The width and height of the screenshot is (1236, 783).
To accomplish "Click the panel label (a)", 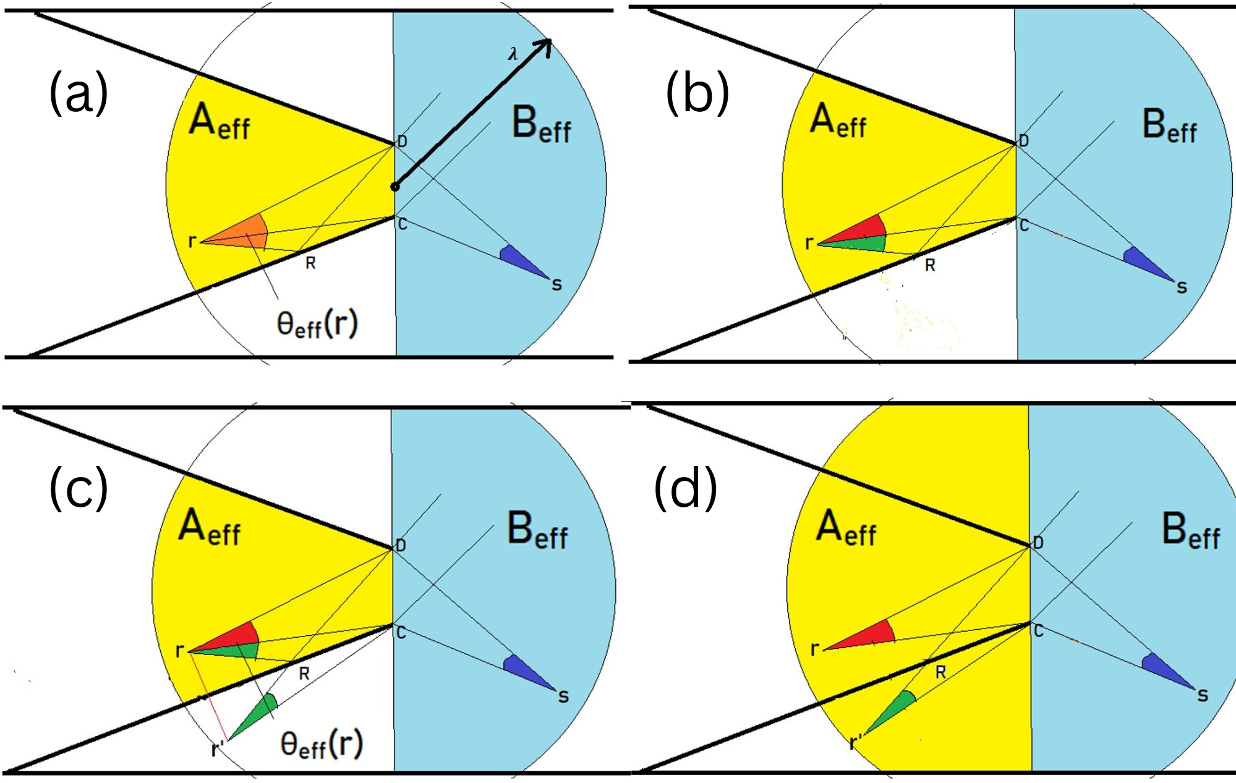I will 79,94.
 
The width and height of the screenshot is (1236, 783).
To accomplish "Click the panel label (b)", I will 697,94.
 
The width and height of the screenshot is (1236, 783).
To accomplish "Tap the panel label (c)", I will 79,489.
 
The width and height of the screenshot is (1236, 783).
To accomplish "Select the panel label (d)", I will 685,489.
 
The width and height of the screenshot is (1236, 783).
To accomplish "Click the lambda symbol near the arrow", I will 513,54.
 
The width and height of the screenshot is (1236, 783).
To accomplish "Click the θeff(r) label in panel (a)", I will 317,324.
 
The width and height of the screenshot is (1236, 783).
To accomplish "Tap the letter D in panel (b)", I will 1024,141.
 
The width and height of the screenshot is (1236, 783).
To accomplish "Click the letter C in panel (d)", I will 1038,631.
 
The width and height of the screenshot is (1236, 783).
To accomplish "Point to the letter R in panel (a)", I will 310,264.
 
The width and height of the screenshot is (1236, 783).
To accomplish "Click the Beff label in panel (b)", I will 1169,126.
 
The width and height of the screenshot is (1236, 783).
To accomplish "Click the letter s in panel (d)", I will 1202,696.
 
